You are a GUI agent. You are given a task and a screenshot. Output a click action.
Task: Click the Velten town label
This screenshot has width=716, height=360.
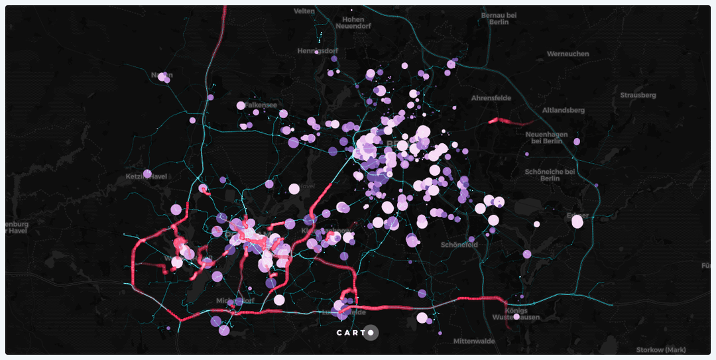(304, 11)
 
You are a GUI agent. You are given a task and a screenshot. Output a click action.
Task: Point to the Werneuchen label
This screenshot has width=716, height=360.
(567, 54)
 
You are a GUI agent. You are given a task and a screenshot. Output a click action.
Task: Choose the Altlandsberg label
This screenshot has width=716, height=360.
(564, 110)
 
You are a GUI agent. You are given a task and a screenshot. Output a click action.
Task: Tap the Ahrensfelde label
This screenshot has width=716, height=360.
(491, 98)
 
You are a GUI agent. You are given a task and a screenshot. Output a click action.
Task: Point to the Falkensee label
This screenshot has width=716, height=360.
(261, 105)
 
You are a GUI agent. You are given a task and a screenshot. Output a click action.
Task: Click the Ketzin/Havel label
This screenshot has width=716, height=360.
(147, 177)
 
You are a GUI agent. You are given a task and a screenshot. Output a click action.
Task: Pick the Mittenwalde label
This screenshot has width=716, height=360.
(474, 341)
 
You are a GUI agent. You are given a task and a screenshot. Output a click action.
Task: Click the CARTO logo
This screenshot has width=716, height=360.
(357, 332)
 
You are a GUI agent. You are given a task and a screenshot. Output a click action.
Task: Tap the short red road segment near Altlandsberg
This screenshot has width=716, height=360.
(508, 121)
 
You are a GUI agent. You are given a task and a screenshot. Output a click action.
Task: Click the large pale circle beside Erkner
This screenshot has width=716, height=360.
(577, 222)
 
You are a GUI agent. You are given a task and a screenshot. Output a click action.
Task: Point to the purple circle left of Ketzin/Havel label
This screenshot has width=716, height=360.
(147, 174)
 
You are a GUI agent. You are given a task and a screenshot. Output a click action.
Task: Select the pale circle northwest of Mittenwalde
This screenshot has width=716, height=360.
(422, 318)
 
